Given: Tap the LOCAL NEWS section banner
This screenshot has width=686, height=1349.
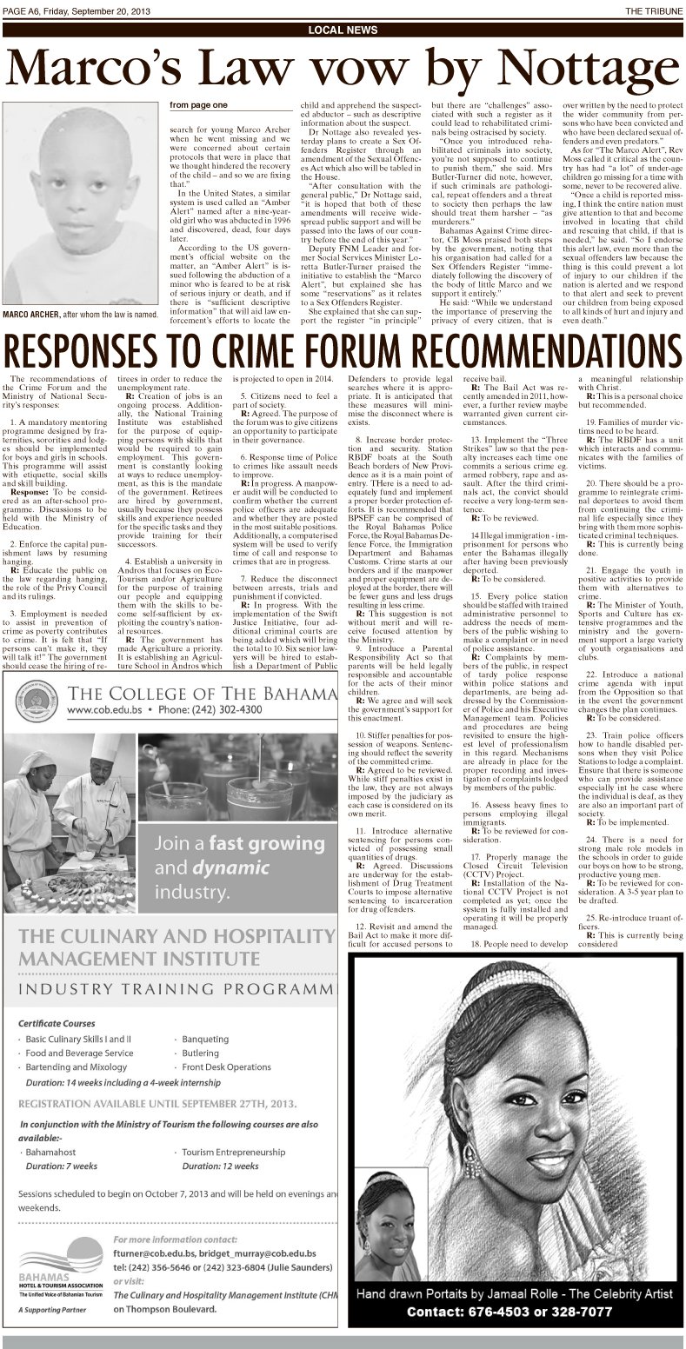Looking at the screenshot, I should coord(343,30).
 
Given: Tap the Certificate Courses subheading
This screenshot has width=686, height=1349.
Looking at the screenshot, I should coord(59,1023).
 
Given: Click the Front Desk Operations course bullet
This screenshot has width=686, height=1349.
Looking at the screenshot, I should coord(226,1067).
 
